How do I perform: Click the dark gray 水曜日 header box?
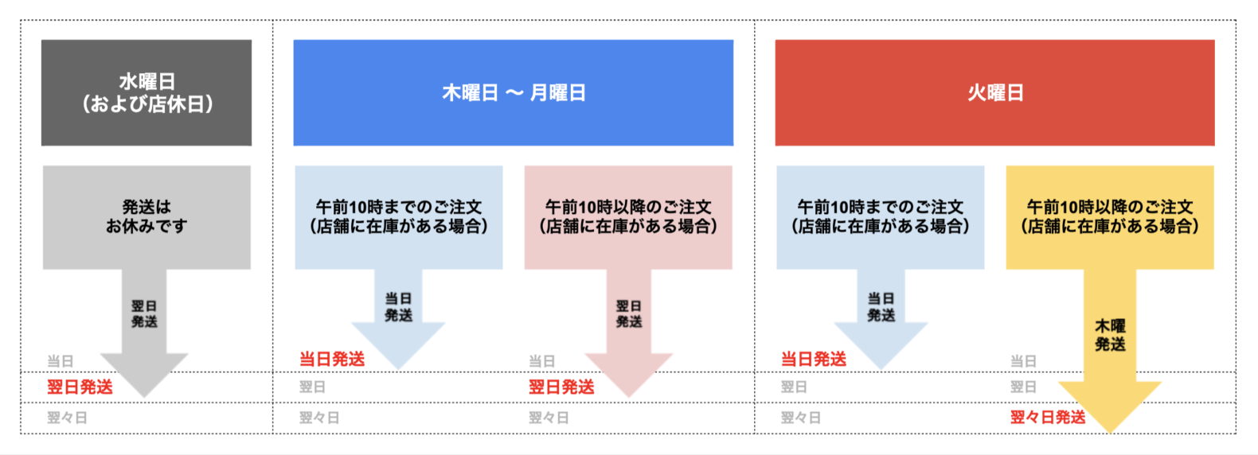pos(147,92)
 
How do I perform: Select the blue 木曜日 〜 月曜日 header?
pos(514,92)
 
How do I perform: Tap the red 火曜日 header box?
pos(994,92)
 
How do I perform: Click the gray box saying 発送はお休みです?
pos(147,217)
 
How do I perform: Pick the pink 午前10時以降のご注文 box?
pos(628,217)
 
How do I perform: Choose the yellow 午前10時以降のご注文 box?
pos(1110,217)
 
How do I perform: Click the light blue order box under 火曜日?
pos(881,217)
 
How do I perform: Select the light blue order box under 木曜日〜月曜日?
pos(399,217)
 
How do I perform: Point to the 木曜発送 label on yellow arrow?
pos(1110,336)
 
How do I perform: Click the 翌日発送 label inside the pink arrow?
pos(629,313)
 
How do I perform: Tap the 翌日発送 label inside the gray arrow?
pos(144,313)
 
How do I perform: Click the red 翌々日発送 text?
pos(1048,418)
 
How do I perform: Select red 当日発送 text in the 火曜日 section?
pos(814,359)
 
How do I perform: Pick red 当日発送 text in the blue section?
pos(332,359)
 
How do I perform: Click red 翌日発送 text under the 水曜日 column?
pos(80,387)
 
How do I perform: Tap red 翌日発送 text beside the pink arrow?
pos(561,387)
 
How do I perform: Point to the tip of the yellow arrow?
pos(1110,433)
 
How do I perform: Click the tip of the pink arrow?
pos(629,397)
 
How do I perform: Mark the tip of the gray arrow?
pos(144,397)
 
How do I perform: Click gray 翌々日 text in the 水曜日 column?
pos(68,418)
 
